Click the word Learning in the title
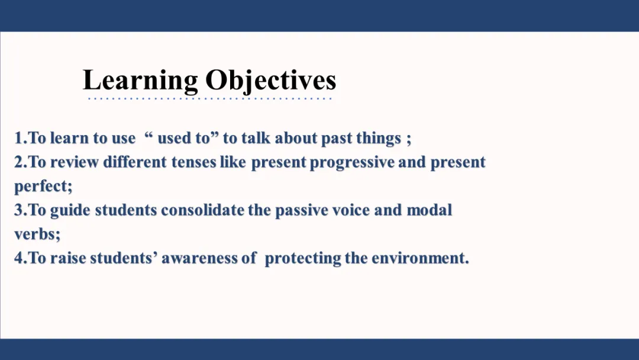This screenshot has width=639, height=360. point(140,81)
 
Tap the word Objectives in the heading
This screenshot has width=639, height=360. point(270,81)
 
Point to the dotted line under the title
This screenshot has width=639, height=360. point(209,99)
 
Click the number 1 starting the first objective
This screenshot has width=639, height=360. point(18,138)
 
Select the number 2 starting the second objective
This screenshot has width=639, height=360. point(19,162)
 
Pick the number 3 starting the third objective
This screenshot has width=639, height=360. point(19,210)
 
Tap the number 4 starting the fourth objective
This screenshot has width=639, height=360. point(19,258)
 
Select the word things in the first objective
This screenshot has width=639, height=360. point(379,139)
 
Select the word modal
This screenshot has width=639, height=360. point(430,210)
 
